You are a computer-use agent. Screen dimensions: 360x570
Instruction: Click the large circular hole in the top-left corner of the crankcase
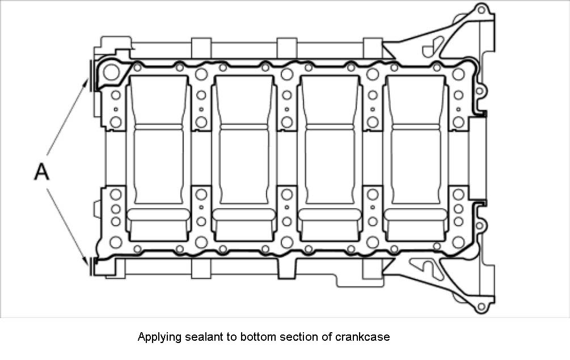point(110,72)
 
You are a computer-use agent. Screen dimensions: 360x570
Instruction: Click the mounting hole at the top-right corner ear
point(481,10)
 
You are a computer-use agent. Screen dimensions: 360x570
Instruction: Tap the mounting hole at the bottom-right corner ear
point(481,308)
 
